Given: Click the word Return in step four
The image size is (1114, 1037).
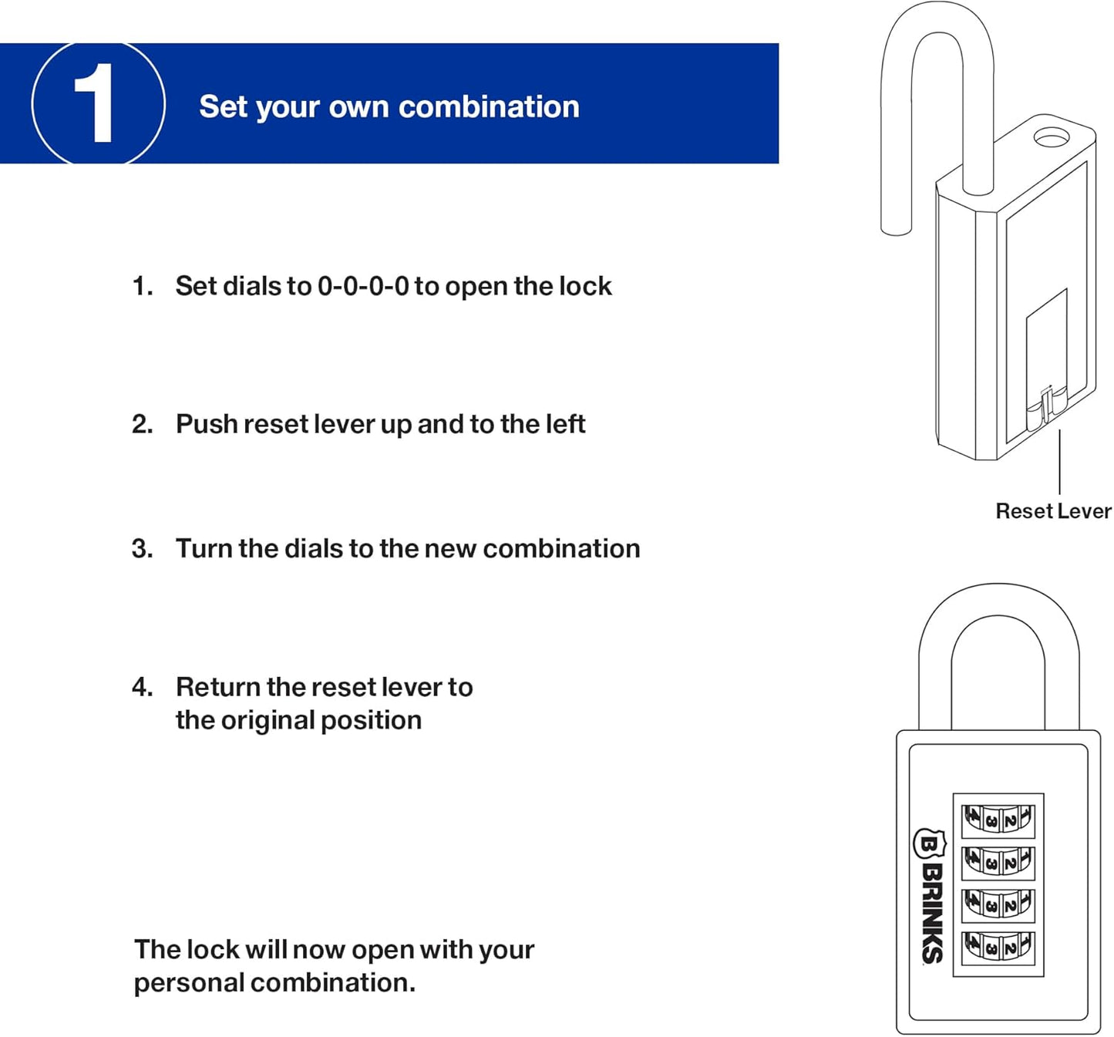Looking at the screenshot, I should pyautogui.click(x=218, y=687).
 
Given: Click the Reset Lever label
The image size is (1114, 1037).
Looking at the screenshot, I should pyautogui.click(x=1053, y=511).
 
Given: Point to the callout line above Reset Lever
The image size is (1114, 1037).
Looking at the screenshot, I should pyautogui.click(x=1060, y=463).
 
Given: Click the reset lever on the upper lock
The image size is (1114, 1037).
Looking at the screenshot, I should pyautogui.click(x=1045, y=409).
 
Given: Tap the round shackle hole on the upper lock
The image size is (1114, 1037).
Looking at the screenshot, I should pyautogui.click(x=1051, y=138).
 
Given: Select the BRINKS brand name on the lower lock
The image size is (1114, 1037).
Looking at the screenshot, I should pyautogui.click(x=932, y=914).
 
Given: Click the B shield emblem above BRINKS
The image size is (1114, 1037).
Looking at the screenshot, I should pyautogui.click(x=930, y=845).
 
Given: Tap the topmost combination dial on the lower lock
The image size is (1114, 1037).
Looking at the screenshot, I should pyautogui.click(x=998, y=820).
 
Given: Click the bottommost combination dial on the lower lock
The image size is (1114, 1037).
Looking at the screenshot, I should pyautogui.click(x=998, y=946).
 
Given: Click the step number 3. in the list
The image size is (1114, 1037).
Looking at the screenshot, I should pyautogui.click(x=142, y=548).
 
